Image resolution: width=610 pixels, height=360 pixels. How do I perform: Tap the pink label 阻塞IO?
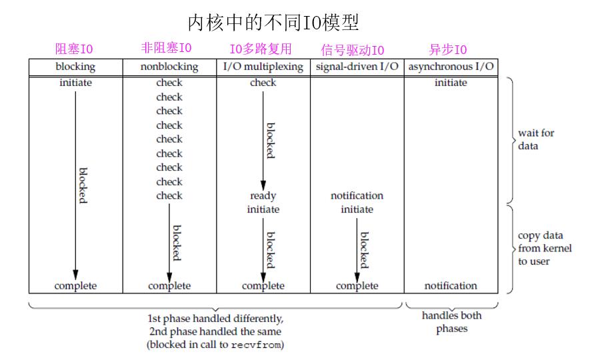pyautogui.click(x=75, y=49)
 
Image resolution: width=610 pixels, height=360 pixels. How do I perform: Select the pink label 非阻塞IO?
pyautogui.click(x=167, y=48)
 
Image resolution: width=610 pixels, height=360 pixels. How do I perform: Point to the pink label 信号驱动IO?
pyautogui.click(x=353, y=50)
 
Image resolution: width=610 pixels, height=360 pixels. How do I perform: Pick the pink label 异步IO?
pyautogui.click(x=447, y=49)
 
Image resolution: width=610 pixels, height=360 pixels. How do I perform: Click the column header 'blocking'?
pyautogui.click(x=75, y=67)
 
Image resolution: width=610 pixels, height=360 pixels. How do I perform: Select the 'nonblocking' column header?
pyautogui.click(x=169, y=67)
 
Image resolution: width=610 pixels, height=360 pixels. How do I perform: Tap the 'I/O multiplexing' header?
pyautogui.click(x=263, y=67)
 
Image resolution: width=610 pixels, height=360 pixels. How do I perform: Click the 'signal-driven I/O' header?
pyautogui.click(x=357, y=67)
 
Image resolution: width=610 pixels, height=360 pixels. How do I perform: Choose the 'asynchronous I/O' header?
pyautogui.click(x=451, y=67)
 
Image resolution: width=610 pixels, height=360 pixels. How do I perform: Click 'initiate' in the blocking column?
pyautogui.click(x=75, y=83)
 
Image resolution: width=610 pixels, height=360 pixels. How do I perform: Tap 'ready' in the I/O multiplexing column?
pyautogui.click(x=263, y=196)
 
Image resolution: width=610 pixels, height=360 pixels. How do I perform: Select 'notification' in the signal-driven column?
pyautogui.click(x=357, y=196)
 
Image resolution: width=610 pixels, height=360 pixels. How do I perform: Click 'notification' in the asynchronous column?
pyautogui.click(x=451, y=286)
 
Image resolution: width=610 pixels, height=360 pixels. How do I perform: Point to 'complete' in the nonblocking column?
pyautogui.click(x=169, y=286)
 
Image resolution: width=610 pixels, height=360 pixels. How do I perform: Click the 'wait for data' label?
pyautogui.click(x=536, y=139)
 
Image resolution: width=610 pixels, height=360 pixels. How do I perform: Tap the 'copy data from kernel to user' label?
pyautogui.click(x=544, y=249)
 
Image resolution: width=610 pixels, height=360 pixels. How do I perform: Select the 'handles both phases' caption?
pyautogui.click(x=451, y=323)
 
